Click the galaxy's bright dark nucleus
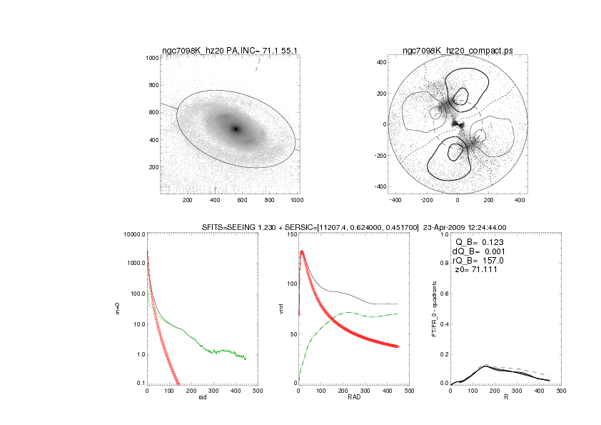click(236, 129)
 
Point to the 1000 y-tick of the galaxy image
click(151, 58)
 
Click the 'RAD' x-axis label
click(343, 397)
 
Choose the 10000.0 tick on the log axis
click(133, 234)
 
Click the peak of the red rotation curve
click(302, 251)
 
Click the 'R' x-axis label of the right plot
click(505, 397)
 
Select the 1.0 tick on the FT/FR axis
click(443, 234)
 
